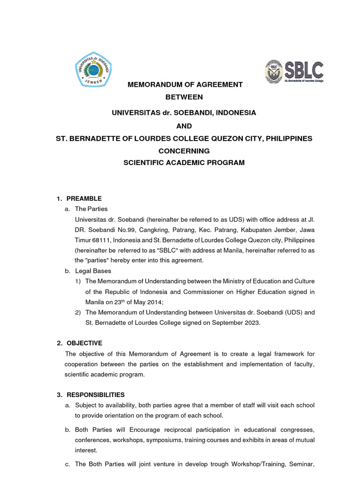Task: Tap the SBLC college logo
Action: [x=294, y=72]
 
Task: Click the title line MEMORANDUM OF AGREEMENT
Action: [x=186, y=85]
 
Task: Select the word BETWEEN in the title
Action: [x=184, y=97]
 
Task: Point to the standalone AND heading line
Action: [x=184, y=126]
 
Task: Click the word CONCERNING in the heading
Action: [x=184, y=151]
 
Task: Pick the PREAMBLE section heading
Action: [x=84, y=198]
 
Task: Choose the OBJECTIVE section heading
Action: [x=84, y=343]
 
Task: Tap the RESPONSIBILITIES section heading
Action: [x=96, y=395]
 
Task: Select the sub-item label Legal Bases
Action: [x=93, y=271]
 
